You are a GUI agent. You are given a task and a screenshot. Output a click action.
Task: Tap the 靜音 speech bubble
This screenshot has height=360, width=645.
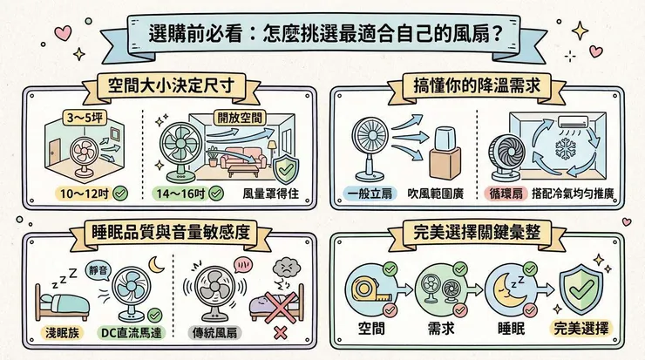(x=98, y=270)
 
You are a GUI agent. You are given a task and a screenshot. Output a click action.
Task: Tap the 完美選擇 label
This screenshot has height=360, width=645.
(x=581, y=329)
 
